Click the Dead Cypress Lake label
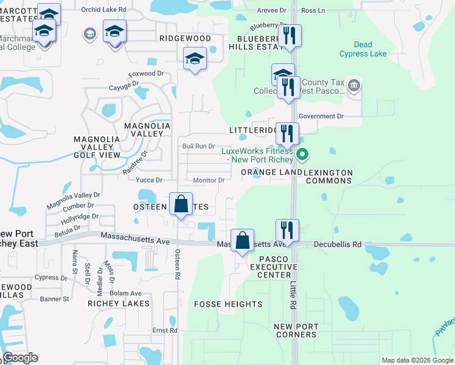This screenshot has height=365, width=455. [370, 49]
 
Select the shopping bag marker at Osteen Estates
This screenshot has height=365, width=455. [181, 204]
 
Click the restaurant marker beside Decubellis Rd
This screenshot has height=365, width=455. [287, 231]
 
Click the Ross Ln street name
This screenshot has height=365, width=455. [313, 11]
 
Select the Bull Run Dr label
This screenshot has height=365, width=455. [198, 146]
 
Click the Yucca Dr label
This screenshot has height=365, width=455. [149, 180]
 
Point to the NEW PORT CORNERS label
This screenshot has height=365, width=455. [296, 331]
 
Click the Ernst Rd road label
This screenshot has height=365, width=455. [164, 330]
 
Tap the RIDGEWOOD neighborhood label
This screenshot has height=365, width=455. [185, 38]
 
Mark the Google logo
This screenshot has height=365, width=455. [21, 358]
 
